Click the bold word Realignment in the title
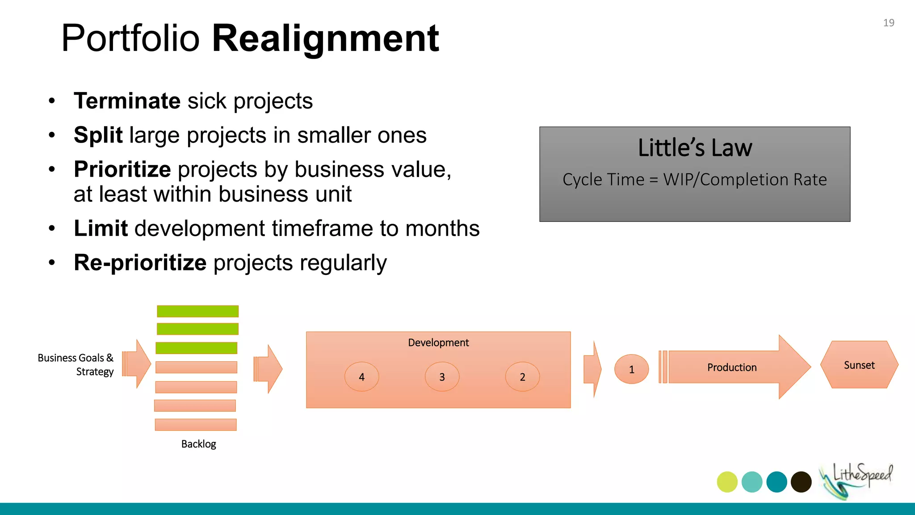point(325,38)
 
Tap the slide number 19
point(888,23)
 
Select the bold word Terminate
point(127,101)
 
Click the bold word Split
point(98,135)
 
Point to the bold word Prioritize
point(122,169)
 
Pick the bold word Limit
point(101,228)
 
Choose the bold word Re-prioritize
point(140,262)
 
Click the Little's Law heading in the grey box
point(695,148)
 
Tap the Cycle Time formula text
point(694,180)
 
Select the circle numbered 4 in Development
point(361,377)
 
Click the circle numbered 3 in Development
point(442,377)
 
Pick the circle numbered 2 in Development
point(522,377)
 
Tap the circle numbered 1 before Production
point(631,369)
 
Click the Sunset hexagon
point(859,365)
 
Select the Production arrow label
point(731,367)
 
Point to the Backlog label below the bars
point(198,444)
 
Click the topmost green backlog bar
point(197,311)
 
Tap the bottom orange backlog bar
point(196,424)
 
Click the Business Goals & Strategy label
point(76,364)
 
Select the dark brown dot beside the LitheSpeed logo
point(801,482)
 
